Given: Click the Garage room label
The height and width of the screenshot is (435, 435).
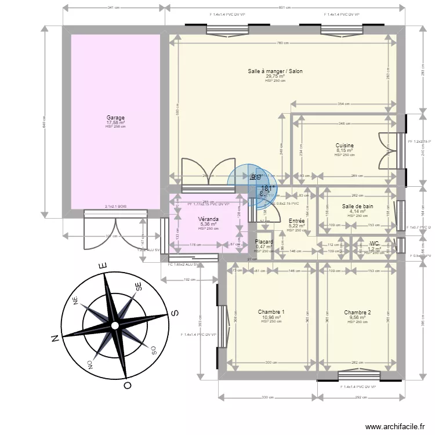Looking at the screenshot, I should tap(115, 118).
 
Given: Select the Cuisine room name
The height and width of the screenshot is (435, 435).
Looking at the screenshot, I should tap(345, 146).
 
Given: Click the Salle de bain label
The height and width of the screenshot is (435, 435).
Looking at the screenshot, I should tap(358, 206).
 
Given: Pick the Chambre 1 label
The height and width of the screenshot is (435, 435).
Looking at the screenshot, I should tap(271, 312).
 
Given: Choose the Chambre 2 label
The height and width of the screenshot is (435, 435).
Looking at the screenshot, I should tap(357, 312).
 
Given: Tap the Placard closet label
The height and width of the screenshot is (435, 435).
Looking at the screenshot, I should tap(264, 242).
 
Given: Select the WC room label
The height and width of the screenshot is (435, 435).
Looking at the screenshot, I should tap(374, 244).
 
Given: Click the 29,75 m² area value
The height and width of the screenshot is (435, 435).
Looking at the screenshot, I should tap(275, 76).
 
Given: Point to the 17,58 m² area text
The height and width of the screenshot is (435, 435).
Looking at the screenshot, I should tap(115, 122).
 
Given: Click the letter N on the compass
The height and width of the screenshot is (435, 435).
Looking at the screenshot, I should tap(54, 338).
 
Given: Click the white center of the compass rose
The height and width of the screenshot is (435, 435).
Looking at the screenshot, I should tap(115, 326).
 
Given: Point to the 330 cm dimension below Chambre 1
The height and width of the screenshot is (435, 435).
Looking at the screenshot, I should tap(267, 398).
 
